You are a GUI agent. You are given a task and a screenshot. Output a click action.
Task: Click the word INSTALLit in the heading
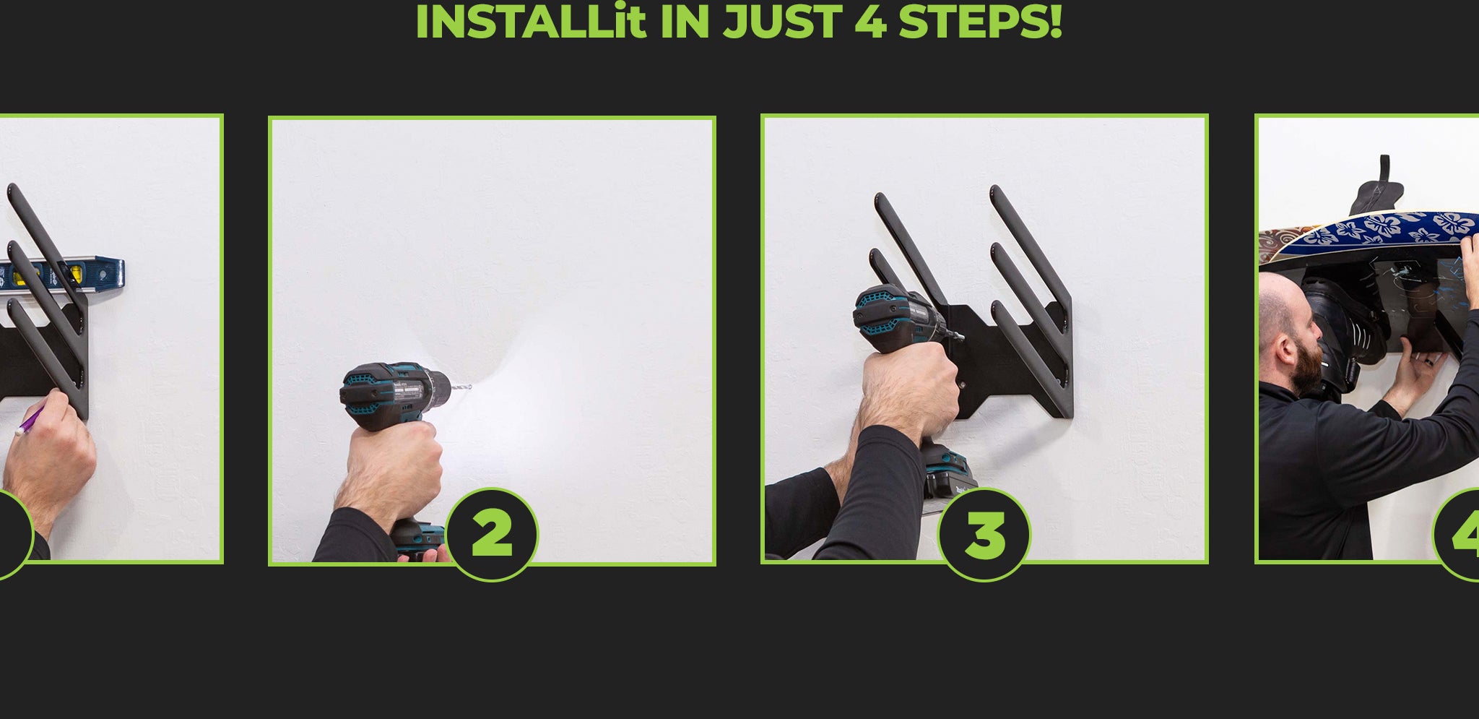tap(530, 22)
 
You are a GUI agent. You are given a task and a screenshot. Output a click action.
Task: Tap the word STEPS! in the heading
tap(980, 22)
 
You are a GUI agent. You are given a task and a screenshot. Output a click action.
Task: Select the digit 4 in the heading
tap(870, 22)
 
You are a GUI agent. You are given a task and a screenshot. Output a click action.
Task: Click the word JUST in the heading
tap(782, 22)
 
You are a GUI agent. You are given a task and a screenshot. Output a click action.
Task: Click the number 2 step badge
tap(492, 534)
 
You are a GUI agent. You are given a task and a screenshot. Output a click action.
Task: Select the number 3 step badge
tap(984, 534)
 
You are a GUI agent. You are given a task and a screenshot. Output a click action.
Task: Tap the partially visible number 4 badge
tap(1457, 534)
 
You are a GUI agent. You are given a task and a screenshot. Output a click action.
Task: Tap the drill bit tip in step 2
tap(470, 387)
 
